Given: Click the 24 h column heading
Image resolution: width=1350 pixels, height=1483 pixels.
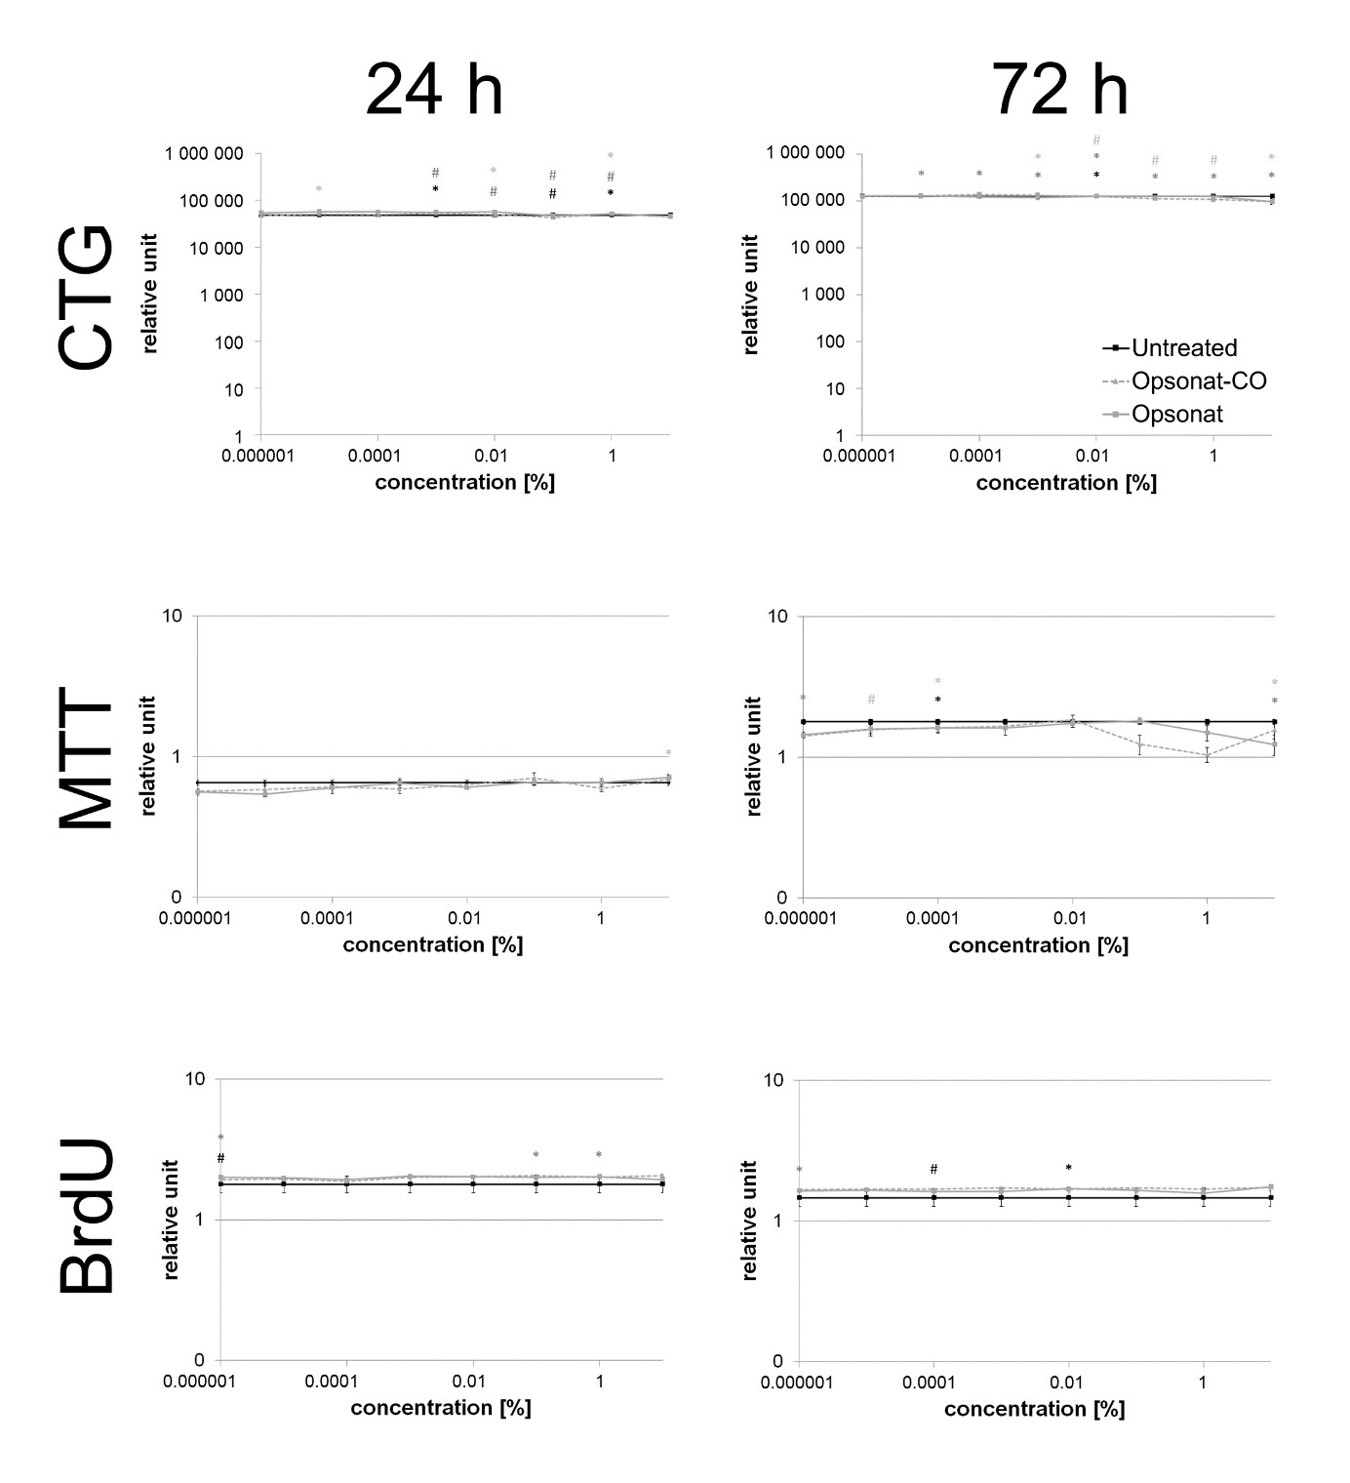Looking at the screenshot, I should pos(434,90).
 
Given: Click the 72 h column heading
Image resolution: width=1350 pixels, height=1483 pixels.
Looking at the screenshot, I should pos(1059,90).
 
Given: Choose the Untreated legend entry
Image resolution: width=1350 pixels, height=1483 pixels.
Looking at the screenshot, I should pos(1183,348).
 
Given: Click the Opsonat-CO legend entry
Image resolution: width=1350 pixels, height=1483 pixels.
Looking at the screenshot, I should pos(1198,381).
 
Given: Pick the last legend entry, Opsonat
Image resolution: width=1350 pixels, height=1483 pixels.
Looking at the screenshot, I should pos(1176,414).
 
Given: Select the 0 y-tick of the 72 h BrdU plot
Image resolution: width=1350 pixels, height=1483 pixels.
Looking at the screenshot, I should pos(777,1361).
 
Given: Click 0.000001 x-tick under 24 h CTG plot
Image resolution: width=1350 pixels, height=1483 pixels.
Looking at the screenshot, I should pos(259,456).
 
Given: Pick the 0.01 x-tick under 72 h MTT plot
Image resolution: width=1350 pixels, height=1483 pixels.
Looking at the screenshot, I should pos(1070,918).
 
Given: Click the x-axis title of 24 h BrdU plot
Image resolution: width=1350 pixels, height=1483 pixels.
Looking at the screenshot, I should pos(441,1408).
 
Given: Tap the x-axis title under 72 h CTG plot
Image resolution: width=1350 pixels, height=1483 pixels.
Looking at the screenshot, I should pos(1066,483).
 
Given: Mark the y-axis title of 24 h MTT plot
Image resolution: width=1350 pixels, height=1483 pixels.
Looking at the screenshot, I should pos(149,755).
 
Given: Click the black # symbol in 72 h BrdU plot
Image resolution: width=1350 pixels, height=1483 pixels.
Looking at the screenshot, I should pos(933,1169).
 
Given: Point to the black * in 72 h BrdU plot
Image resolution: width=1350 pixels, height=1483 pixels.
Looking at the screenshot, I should pos(1068,1168).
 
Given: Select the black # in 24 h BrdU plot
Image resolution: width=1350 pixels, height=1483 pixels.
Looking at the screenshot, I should pos(220,1158).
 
